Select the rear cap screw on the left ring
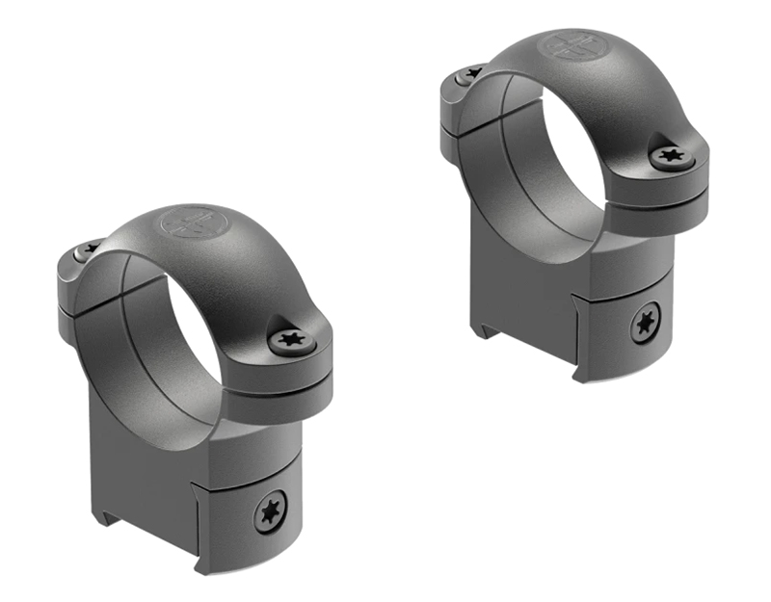click(x=90, y=249)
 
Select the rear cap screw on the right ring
click(x=471, y=73)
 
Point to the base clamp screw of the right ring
click(x=646, y=324)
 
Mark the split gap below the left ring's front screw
click(x=289, y=370)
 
